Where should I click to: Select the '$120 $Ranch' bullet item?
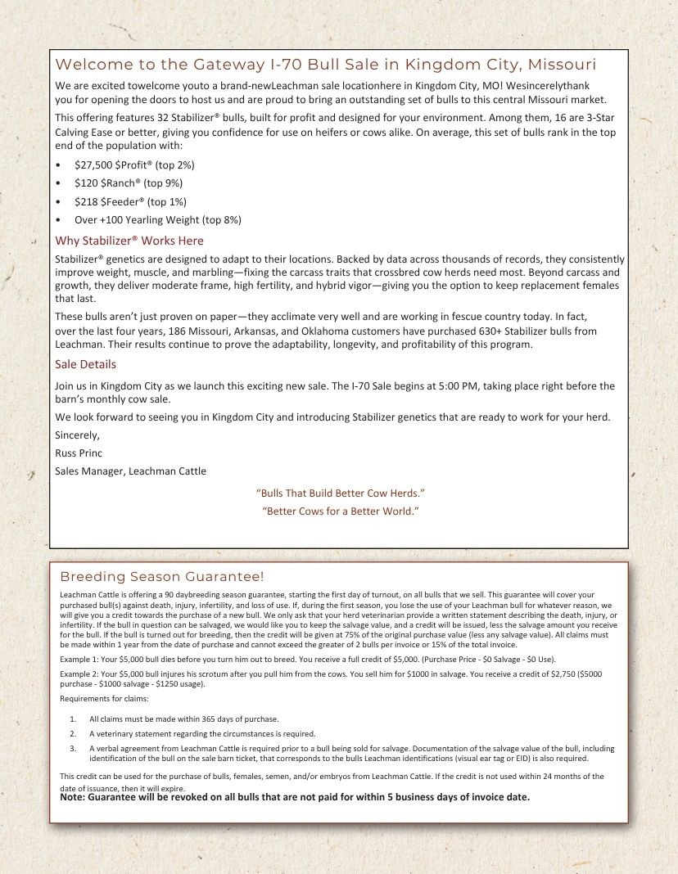129,183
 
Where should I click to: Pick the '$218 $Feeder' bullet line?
130,201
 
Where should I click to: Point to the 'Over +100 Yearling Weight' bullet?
157,220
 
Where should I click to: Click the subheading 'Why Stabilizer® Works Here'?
129,241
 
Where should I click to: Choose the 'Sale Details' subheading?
85,364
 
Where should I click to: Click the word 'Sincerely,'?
77,435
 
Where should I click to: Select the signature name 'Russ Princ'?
79,453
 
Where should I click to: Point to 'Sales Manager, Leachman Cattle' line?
130,471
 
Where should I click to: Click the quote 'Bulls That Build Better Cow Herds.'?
340,493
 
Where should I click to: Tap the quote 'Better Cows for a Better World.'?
340,511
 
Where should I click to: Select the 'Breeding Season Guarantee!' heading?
162,577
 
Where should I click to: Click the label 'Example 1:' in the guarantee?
79,659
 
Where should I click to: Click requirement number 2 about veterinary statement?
201,733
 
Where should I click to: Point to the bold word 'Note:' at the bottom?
73,797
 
